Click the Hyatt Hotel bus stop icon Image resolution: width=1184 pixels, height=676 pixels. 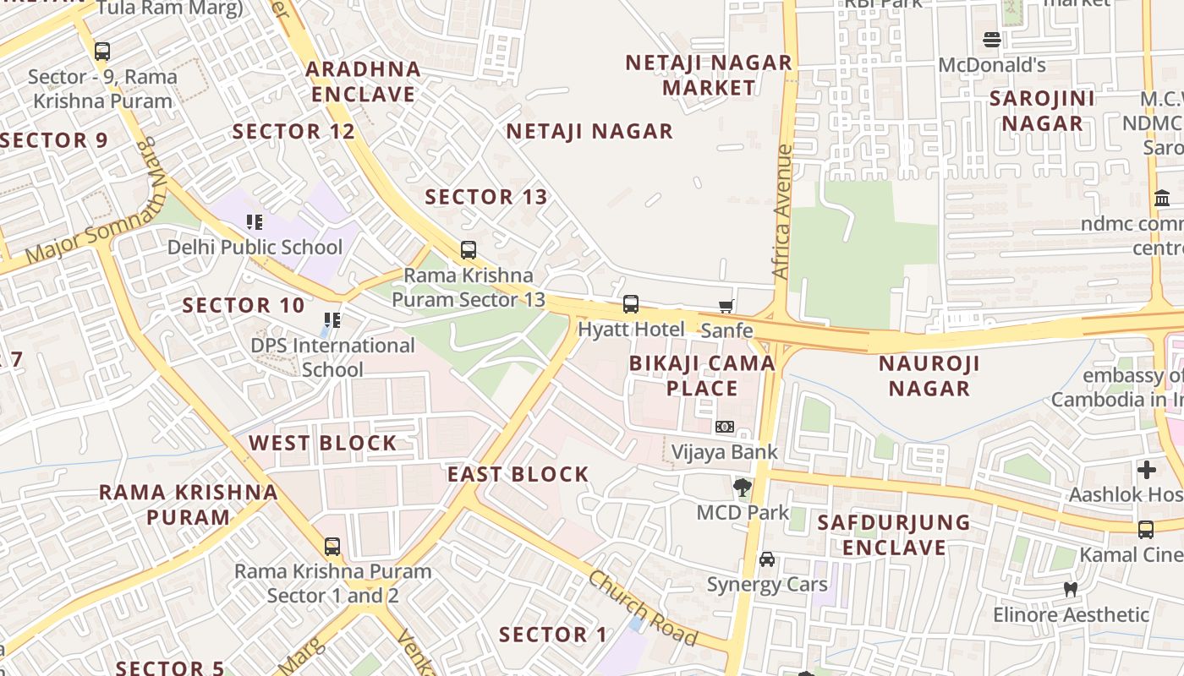pyautogui.click(x=630, y=304)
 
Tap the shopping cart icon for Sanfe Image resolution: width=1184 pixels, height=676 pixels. pyautogui.click(x=726, y=306)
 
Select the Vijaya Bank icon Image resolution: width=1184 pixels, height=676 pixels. pyautogui.click(x=725, y=428)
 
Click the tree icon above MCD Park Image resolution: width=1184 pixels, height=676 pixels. pyautogui.click(x=742, y=488)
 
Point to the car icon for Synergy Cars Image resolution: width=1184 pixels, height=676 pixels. pyautogui.click(x=767, y=559)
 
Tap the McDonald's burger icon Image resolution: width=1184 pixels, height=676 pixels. pyautogui.click(x=992, y=40)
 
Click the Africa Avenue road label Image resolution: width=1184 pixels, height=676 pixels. pyautogui.click(x=782, y=212)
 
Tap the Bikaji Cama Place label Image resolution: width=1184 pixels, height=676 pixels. pyautogui.click(x=702, y=376)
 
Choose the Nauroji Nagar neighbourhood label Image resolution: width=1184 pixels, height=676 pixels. pyautogui.click(x=929, y=376)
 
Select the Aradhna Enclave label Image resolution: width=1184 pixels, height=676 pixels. pyautogui.click(x=364, y=82)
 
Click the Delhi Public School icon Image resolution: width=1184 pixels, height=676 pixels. pyautogui.click(x=255, y=222)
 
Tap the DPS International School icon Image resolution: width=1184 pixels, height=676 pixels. pyautogui.click(x=332, y=321)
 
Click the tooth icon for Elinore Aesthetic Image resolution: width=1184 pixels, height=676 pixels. pyautogui.click(x=1070, y=589)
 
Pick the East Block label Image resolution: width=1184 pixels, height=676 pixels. pyautogui.click(x=518, y=474)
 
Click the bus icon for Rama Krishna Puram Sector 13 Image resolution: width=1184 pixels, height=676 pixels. pyautogui.click(x=468, y=250)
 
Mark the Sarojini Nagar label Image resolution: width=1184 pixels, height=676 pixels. pyautogui.click(x=1042, y=111)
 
